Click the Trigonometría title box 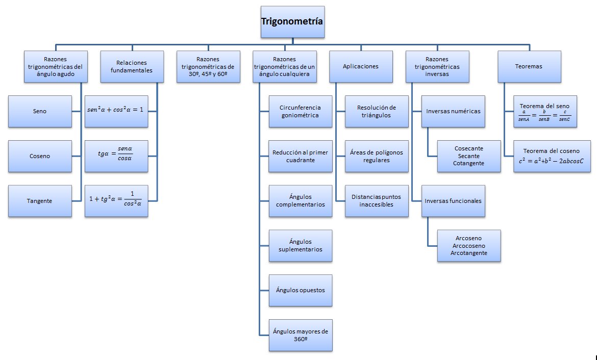tap(292, 21)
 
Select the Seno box tap(40, 111)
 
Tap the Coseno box tap(40, 156)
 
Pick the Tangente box tap(40, 201)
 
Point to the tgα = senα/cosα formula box tap(116, 156)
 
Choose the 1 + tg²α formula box tap(116, 201)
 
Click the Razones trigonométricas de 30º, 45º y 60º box tap(208, 66)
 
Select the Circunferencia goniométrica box tap(300, 111)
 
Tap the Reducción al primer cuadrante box tap(300, 156)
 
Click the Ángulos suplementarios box tap(300, 245)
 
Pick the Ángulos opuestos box tap(300, 290)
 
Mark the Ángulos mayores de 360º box tap(300, 335)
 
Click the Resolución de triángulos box tap(377, 111)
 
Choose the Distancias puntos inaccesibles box tap(377, 201)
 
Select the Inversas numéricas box tap(453, 111)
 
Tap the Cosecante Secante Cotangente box tap(468, 156)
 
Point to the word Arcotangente tap(468, 253)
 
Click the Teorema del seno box tap(545, 111)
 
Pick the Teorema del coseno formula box tap(551, 156)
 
